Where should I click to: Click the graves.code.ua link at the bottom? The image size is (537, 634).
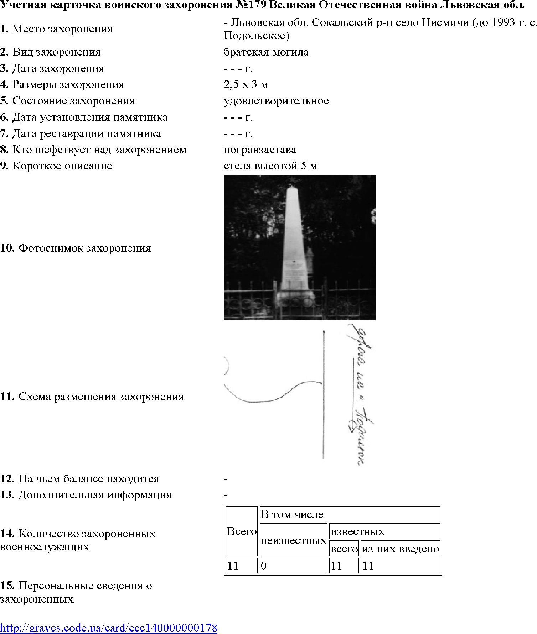click(x=108, y=627)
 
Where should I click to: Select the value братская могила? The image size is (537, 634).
click(x=266, y=52)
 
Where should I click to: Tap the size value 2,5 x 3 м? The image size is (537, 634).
click(x=246, y=84)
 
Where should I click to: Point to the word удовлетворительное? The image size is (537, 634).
click(x=276, y=101)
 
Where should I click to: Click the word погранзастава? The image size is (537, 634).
click(x=260, y=150)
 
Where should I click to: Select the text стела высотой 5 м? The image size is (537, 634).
click(x=270, y=166)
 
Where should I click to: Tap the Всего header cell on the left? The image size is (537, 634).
click(x=242, y=531)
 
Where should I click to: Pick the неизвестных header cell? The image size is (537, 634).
click(x=293, y=540)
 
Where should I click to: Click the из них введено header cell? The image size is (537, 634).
click(x=400, y=549)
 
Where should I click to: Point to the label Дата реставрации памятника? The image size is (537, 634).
click(x=86, y=133)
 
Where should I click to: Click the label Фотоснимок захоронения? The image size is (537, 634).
click(x=84, y=248)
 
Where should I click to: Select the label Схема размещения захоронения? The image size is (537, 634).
click(x=101, y=397)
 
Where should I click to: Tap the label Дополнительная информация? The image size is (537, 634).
click(x=94, y=495)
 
